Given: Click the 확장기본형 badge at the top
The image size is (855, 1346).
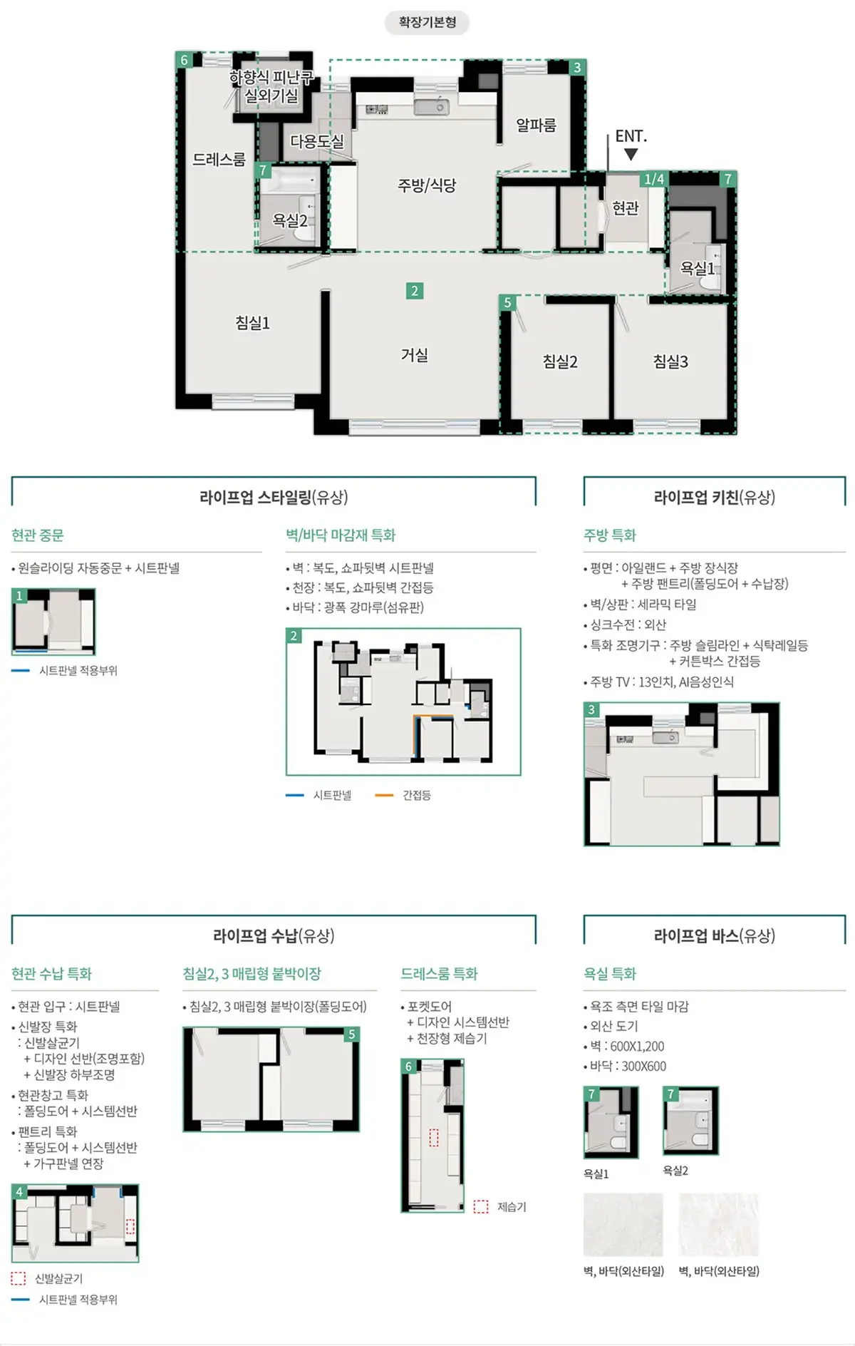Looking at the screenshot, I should tap(427, 22).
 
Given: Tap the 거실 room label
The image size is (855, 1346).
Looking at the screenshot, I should tap(414, 354).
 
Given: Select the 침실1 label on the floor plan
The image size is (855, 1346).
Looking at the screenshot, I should tap(252, 323).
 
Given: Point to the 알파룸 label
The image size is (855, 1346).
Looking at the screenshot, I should tap(536, 125).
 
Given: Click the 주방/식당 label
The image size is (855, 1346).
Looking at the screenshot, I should tap(426, 185).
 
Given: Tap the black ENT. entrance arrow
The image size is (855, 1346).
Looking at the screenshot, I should tap(631, 154).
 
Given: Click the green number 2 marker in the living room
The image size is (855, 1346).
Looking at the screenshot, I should tap(415, 291).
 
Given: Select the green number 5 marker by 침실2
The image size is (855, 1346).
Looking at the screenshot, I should tap(507, 302).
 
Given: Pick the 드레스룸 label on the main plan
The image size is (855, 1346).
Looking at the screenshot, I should tap(219, 160).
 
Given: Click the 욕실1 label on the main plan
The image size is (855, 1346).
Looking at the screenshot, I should tap(697, 268).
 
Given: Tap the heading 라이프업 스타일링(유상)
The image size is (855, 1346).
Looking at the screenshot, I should tap(274, 497).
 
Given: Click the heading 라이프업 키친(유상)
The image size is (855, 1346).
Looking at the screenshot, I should tap(714, 497).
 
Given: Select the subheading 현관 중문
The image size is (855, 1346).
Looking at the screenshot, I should tap(38, 535).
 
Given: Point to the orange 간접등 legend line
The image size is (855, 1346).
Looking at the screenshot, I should tap(384, 795).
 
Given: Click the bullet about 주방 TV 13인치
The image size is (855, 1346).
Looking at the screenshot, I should tap(661, 682).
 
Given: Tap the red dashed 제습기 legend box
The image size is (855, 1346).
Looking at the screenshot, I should tap(481, 1206).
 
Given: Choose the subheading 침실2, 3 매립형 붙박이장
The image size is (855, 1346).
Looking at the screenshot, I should tap(252, 973).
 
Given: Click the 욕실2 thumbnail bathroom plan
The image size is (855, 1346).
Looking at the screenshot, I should tap(690, 1120).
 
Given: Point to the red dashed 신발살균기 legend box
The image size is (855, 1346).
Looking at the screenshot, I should tap(19, 1278).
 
